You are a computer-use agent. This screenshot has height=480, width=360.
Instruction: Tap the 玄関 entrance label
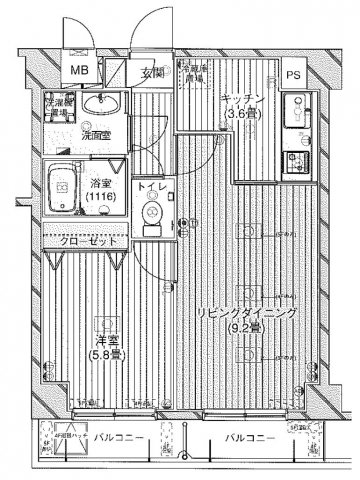pyautogui.click(x=152, y=72)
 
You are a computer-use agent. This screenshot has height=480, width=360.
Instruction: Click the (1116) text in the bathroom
pyautogui.click(x=99, y=196)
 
